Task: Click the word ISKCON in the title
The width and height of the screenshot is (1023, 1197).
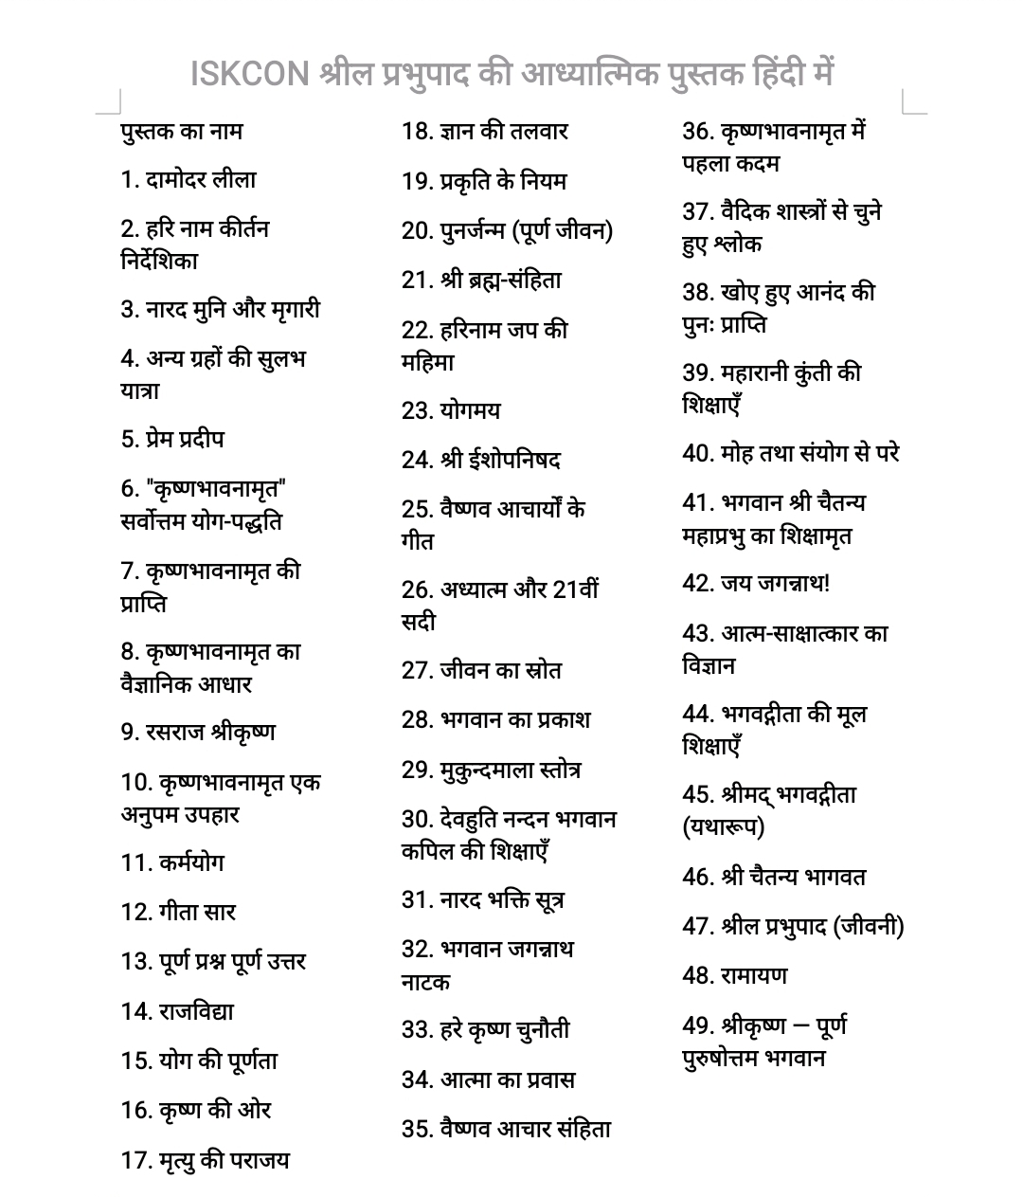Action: (250, 73)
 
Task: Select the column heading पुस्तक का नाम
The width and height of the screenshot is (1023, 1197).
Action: (181, 131)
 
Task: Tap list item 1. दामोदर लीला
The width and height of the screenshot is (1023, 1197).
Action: (188, 179)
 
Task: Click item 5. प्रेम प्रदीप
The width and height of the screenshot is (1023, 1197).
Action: (172, 439)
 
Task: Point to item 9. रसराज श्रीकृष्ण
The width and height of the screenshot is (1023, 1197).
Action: (198, 732)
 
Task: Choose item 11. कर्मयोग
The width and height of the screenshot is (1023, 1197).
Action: (172, 862)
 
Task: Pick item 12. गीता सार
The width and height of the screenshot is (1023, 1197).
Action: (178, 912)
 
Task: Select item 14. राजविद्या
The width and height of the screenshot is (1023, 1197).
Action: (177, 1011)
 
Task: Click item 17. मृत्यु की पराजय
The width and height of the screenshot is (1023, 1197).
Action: (205, 1159)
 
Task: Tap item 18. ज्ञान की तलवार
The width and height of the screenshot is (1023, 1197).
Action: (484, 131)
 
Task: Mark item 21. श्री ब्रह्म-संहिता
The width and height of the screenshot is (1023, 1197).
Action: (481, 280)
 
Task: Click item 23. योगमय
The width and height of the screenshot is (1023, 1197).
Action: (451, 410)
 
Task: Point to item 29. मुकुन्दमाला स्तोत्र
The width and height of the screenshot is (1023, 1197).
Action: (491, 769)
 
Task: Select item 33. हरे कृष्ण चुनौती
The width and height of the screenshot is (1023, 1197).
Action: (485, 1029)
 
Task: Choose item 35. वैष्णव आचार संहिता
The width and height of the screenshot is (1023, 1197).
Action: (506, 1128)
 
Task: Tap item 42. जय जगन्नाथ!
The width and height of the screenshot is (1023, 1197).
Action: (756, 583)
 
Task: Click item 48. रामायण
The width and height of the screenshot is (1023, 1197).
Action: (734, 974)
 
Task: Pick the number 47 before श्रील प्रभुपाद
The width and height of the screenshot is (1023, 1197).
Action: (696, 926)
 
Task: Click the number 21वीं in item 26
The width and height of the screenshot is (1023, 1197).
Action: (575, 589)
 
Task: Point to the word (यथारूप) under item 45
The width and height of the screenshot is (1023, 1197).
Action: (723, 827)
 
